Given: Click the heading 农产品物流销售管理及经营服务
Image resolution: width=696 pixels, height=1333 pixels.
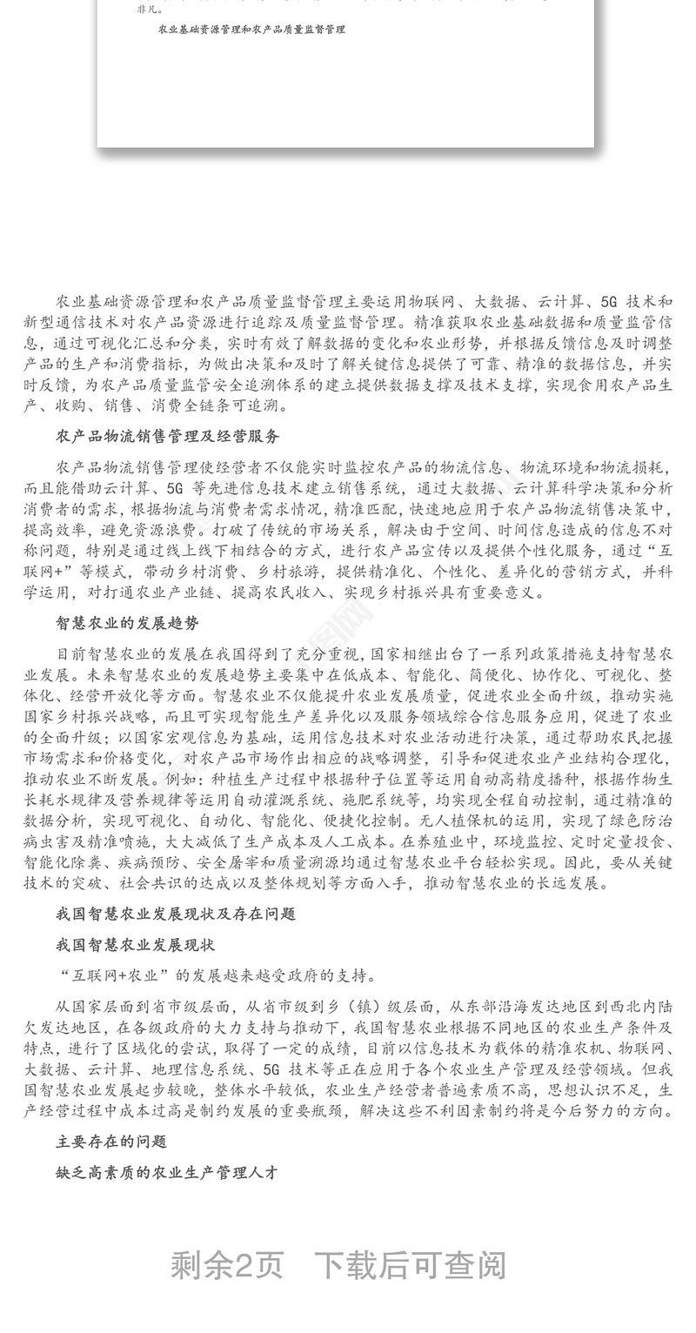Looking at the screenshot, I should (167, 436).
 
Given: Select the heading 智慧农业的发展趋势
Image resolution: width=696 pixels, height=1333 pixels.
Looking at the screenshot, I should (127, 623).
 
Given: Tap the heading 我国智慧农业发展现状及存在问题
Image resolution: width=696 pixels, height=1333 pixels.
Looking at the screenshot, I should (175, 914).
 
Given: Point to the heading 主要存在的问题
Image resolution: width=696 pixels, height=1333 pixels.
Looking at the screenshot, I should (111, 1141).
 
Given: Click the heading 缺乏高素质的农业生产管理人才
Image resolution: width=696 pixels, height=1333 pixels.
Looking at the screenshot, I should (167, 1172).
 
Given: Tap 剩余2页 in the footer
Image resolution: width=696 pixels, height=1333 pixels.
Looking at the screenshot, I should (227, 1265).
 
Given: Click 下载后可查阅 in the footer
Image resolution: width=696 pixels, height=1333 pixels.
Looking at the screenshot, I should (409, 1265).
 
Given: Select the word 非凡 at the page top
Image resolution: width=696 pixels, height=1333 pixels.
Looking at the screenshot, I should (146, 11).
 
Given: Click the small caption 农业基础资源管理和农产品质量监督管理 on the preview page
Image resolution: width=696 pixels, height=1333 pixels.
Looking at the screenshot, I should (251, 30).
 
